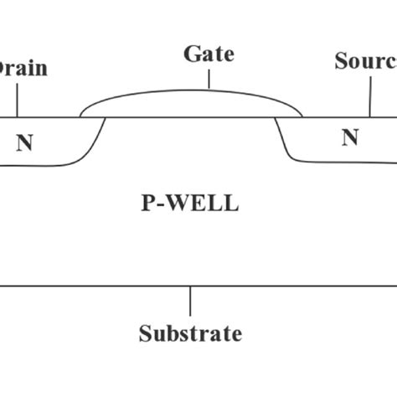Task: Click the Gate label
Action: (x=209, y=55)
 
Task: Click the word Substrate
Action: (x=190, y=334)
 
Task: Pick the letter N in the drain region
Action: (x=25, y=142)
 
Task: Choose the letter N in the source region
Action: (x=350, y=137)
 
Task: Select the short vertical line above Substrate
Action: (x=190, y=302)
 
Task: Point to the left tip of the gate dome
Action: (x=81, y=115)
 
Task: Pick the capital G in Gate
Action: (x=192, y=55)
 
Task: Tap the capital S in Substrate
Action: (x=144, y=334)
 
